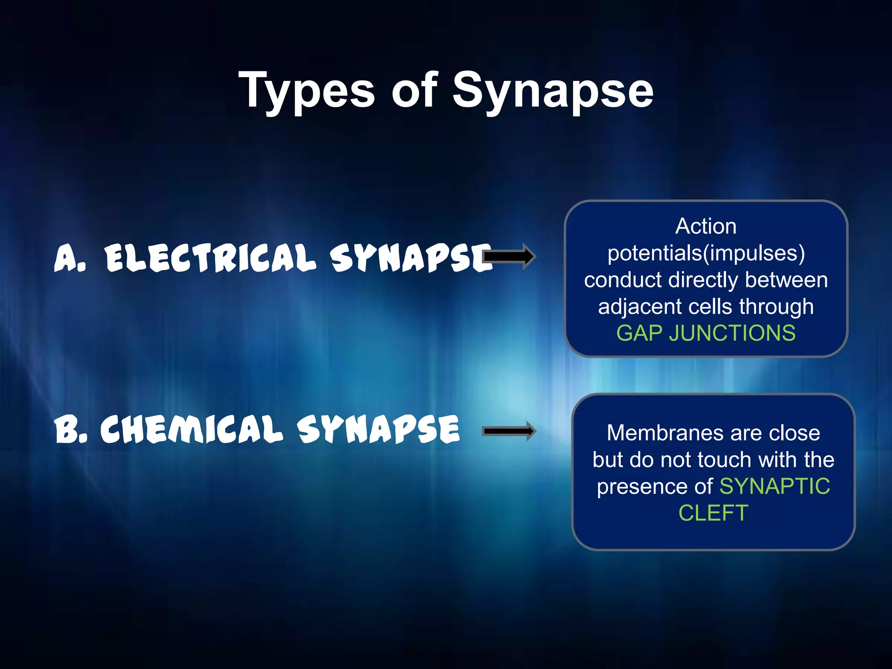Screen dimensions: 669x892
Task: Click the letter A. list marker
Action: point(70,258)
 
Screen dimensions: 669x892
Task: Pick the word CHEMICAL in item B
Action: point(192,429)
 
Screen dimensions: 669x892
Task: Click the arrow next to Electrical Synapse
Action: point(510,257)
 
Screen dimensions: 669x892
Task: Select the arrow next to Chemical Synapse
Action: point(510,431)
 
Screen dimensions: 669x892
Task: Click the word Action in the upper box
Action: point(706,226)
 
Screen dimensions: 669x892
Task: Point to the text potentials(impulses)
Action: point(706,253)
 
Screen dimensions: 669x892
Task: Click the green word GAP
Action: point(639,333)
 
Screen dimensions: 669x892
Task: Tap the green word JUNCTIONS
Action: point(732,333)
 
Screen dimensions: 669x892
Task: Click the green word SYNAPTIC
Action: point(775,486)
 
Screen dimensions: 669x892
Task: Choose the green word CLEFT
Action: point(713,513)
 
